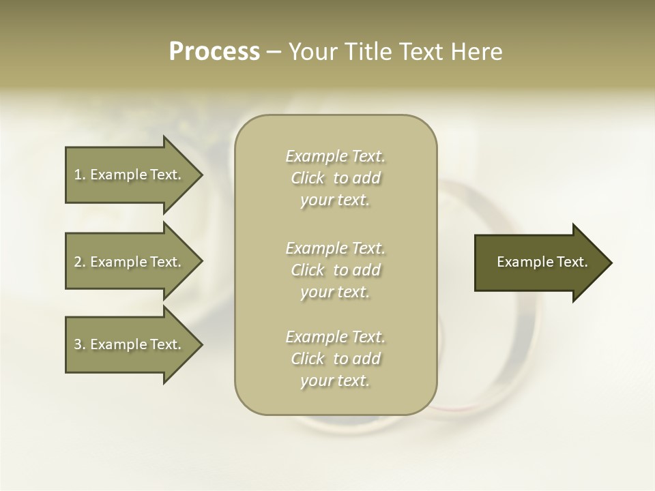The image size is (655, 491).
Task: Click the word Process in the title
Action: coord(214,52)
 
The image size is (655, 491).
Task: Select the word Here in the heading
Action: coord(477,52)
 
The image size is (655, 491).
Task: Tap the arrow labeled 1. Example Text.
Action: coord(130,175)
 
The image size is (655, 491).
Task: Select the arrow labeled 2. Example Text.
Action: coord(130,262)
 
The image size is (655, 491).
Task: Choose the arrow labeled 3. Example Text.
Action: coord(130,344)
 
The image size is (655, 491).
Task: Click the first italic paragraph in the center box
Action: coord(335,178)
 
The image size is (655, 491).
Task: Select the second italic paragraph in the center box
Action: coord(335,269)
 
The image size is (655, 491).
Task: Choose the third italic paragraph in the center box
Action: coord(335,359)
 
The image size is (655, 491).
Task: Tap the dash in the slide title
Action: coord(274,53)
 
